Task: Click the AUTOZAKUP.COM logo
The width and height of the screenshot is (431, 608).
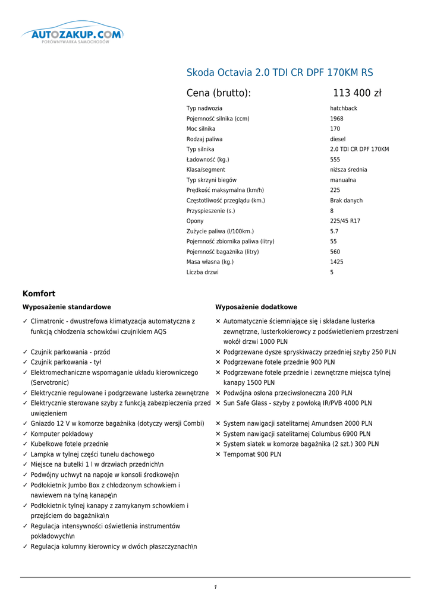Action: point(73,35)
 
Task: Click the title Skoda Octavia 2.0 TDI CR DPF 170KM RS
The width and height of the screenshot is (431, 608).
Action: point(280,73)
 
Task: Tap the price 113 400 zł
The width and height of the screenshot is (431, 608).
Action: point(357,93)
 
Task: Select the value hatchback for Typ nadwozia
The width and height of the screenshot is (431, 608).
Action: point(344,109)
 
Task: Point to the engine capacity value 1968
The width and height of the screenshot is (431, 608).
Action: point(336,119)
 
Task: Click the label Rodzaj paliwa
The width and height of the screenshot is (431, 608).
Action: point(205,139)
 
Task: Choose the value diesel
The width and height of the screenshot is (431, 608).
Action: point(338,139)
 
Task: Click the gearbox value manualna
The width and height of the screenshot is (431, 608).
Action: point(343,180)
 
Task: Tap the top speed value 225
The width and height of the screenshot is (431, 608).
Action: point(335,190)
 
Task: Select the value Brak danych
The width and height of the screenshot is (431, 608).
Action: point(346,201)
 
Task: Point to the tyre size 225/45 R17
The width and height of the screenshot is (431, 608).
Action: point(345,221)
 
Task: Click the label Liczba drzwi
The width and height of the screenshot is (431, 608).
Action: point(202,273)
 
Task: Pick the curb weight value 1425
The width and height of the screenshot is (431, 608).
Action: point(336,262)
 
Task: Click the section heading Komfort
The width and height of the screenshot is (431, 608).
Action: point(39,293)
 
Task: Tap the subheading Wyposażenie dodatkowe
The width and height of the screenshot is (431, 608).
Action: point(256,307)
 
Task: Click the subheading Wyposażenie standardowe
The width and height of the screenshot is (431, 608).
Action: point(67,307)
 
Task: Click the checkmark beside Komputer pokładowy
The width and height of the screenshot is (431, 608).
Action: point(25,434)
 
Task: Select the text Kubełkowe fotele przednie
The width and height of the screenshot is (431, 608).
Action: point(70,444)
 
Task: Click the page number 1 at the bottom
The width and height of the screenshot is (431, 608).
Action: point(215,587)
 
